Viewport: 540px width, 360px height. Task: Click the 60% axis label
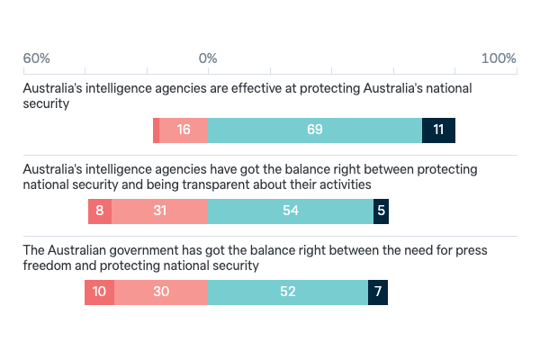click(x=36, y=58)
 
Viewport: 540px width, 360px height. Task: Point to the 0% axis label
click(x=208, y=58)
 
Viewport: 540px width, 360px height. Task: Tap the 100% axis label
click(x=499, y=58)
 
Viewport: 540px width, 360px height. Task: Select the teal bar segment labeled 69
click(x=315, y=130)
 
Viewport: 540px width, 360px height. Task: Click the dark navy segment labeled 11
click(x=438, y=130)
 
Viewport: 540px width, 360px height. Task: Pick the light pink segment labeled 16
click(x=184, y=130)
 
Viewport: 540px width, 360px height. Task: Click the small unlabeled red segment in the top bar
click(x=157, y=130)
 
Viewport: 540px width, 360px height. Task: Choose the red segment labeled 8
click(x=100, y=211)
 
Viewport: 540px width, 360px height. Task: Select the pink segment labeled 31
click(x=160, y=211)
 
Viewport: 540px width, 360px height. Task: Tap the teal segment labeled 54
click(x=291, y=211)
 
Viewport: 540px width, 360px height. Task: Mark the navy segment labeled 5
click(x=382, y=211)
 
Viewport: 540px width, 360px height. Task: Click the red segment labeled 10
click(x=99, y=292)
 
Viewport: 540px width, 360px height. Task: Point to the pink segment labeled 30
click(x=161, y=292)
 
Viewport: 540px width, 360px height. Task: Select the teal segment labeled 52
click(x=288, y=292)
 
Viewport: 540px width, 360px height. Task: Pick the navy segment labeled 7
click(x=378, y=292)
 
